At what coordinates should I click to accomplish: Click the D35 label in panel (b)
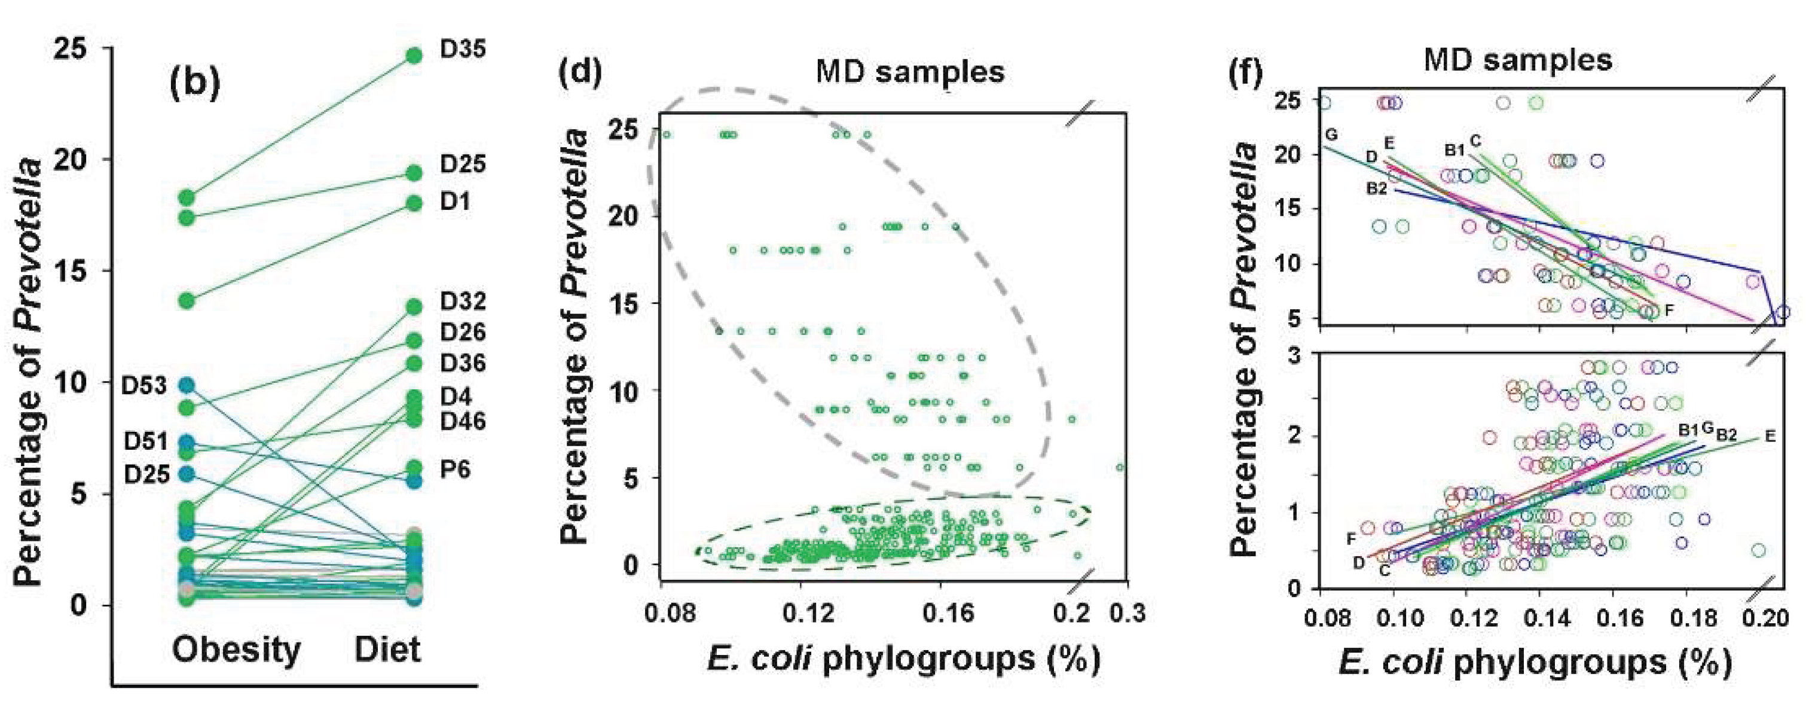coord(462,50)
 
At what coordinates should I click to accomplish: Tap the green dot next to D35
coord(414,56)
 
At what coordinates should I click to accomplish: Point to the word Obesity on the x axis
coord(236,650)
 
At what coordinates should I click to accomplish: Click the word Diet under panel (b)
coord(388,650)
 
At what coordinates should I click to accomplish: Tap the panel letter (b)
coord(194,83)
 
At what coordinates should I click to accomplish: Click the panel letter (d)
coord(580,73)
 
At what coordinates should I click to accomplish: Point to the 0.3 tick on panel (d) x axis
coord(1127,613)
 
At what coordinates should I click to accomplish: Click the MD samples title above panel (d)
coord(910,72)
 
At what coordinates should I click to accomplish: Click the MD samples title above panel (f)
coord(1518,60)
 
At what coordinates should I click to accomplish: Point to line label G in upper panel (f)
coord(1331,135)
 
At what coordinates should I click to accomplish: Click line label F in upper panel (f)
coord(1669,309)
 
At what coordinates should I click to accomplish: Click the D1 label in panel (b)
coord(455,202)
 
